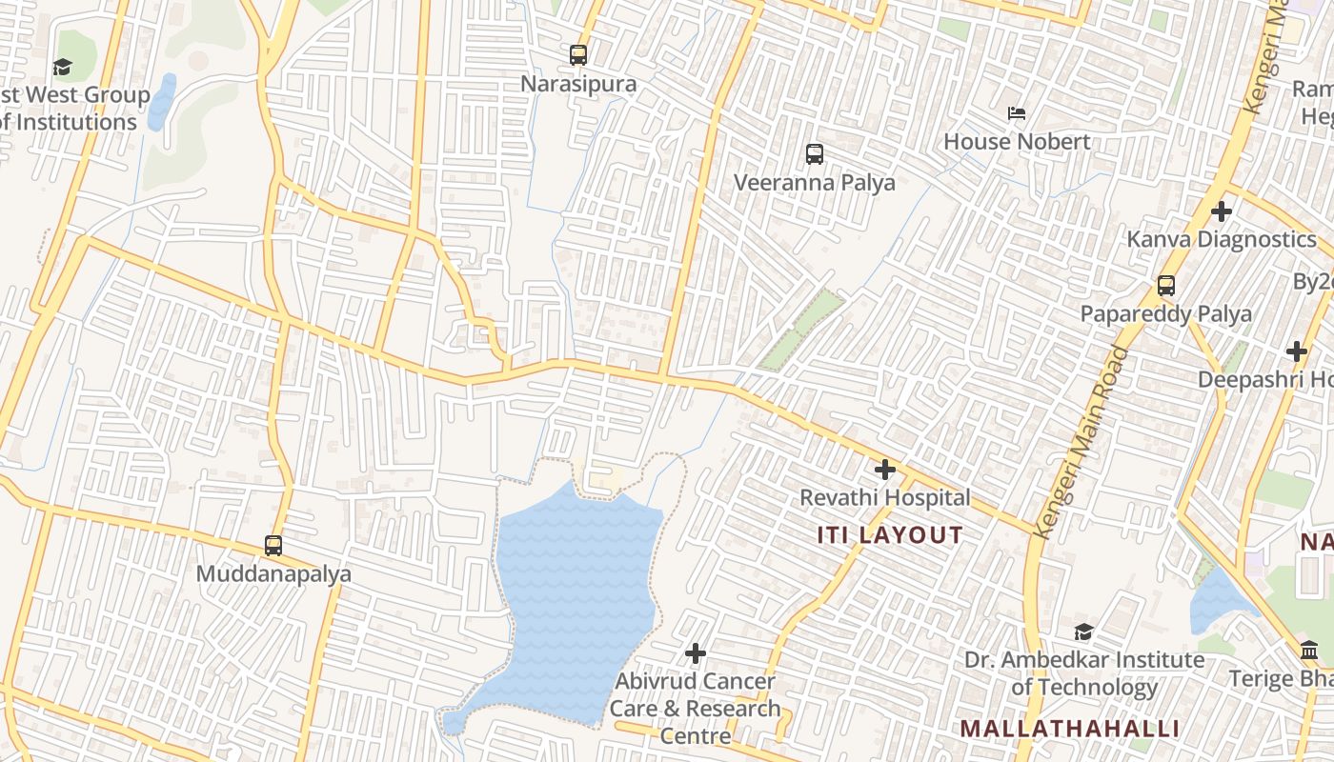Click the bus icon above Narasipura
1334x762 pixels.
pos(578,55)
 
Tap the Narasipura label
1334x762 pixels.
pos(578,84)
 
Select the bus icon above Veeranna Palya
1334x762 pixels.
pos(815,153)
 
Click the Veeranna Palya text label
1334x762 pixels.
pos(815,182)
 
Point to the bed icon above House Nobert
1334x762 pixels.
pos(1017,113)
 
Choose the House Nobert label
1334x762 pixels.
pos(1017,142)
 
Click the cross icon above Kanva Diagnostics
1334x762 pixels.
pos(1222,211)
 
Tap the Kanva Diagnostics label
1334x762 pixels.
pos(1222,239)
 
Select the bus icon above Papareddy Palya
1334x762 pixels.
pos(1166,285)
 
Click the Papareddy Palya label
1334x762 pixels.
pos(1166,313)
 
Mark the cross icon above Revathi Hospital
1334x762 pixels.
pos(885,470)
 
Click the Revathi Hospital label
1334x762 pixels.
pos(885,497)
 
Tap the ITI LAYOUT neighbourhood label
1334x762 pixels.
pos(890,535)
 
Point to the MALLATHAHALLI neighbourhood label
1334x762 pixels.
pos(1070,730)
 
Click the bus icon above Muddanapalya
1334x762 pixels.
pos(273,546)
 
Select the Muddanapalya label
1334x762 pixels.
pos(273,574)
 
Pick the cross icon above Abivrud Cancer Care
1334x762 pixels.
pos(696,653)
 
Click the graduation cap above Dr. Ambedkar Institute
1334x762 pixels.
pos(1083,632)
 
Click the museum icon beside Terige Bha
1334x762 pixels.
pos(1310,651)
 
